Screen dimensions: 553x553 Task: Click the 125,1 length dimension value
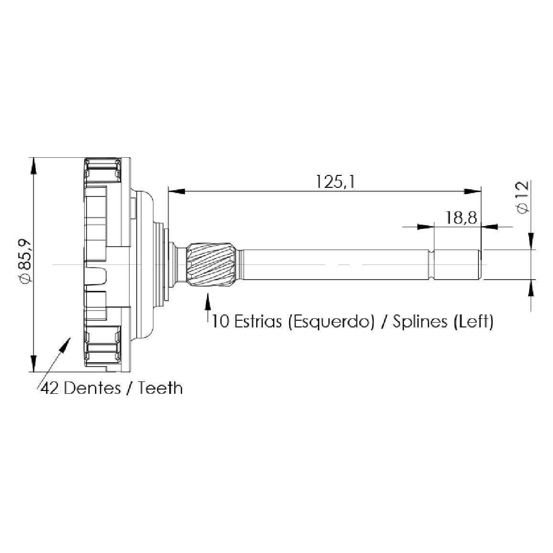point(335,182)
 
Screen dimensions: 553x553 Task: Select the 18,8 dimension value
point(461,217)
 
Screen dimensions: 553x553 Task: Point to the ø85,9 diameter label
point(26,261)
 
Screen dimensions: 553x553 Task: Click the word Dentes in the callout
point(92,388)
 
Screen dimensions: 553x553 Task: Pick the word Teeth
point(161,388)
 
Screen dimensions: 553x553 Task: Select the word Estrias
point(258,321)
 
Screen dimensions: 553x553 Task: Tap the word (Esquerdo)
point(331,322)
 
